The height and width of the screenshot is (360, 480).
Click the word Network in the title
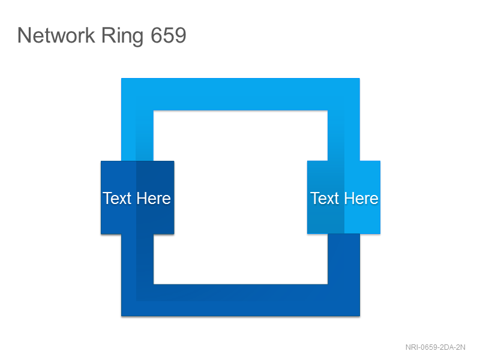[x=56, y=35]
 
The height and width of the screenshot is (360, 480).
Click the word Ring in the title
[x=122, y=37]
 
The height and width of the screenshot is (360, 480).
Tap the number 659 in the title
[x=169, y=35]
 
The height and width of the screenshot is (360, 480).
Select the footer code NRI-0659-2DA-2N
[x=436, y=347]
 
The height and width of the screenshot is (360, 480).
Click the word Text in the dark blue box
[x=117, y=199]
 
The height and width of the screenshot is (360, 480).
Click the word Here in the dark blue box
[x=154, y=199]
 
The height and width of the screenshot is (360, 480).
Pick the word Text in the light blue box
[x=325, y=199]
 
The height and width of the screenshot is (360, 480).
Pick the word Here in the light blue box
[x=361, y=199]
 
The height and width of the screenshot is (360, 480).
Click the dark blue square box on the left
[x=137, y=197]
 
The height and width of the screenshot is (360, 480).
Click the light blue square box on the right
[x=344, y=197]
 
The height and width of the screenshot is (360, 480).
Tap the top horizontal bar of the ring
[x=241, y=94]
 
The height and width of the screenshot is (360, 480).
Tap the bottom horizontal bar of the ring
[x=241, y=300]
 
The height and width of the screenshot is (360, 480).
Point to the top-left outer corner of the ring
[x=122, y=79]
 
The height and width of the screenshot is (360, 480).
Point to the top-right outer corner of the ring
[x=359, y=79]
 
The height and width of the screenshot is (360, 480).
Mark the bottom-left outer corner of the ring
[x=122, y=316]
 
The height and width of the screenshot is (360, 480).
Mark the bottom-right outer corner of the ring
[x=359, y=316]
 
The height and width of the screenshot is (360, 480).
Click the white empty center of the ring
[x=241, y=197]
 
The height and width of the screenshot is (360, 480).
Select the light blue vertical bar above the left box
[x=137, y=136]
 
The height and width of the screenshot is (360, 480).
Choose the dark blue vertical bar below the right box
[x=344, y=259]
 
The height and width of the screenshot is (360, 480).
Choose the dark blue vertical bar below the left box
[x=137, y=259]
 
